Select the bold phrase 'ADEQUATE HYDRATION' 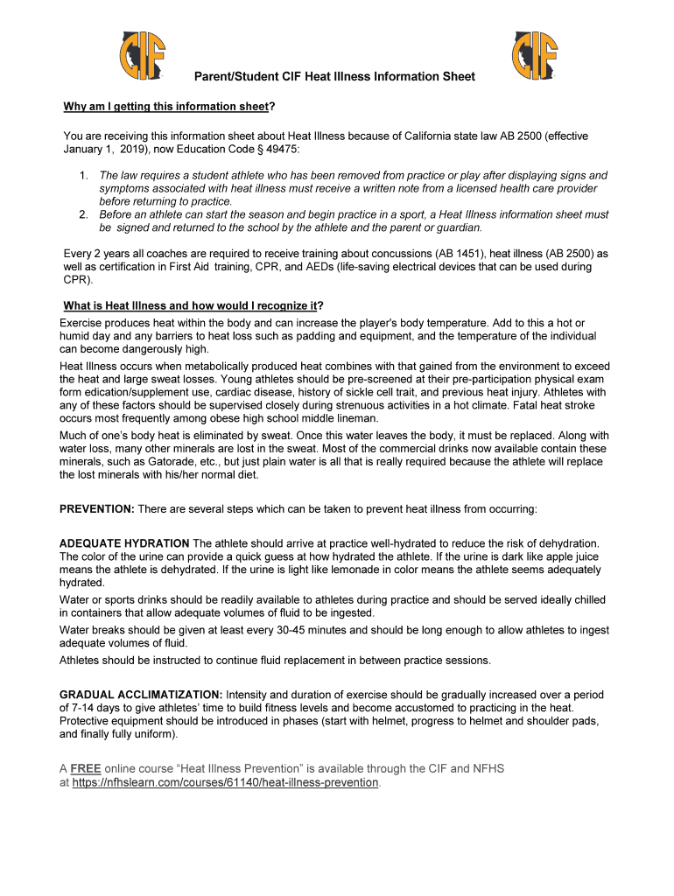124,543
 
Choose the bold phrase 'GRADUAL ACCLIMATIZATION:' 142,695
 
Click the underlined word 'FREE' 85,768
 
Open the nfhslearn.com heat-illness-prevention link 225,782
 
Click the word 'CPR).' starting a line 77,280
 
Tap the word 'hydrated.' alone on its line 82,583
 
